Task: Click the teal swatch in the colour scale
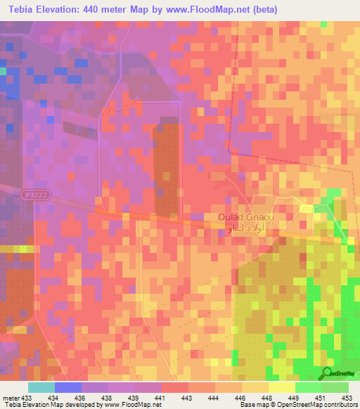41,387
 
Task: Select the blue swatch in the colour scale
67,387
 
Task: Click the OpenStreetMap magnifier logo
327,373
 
